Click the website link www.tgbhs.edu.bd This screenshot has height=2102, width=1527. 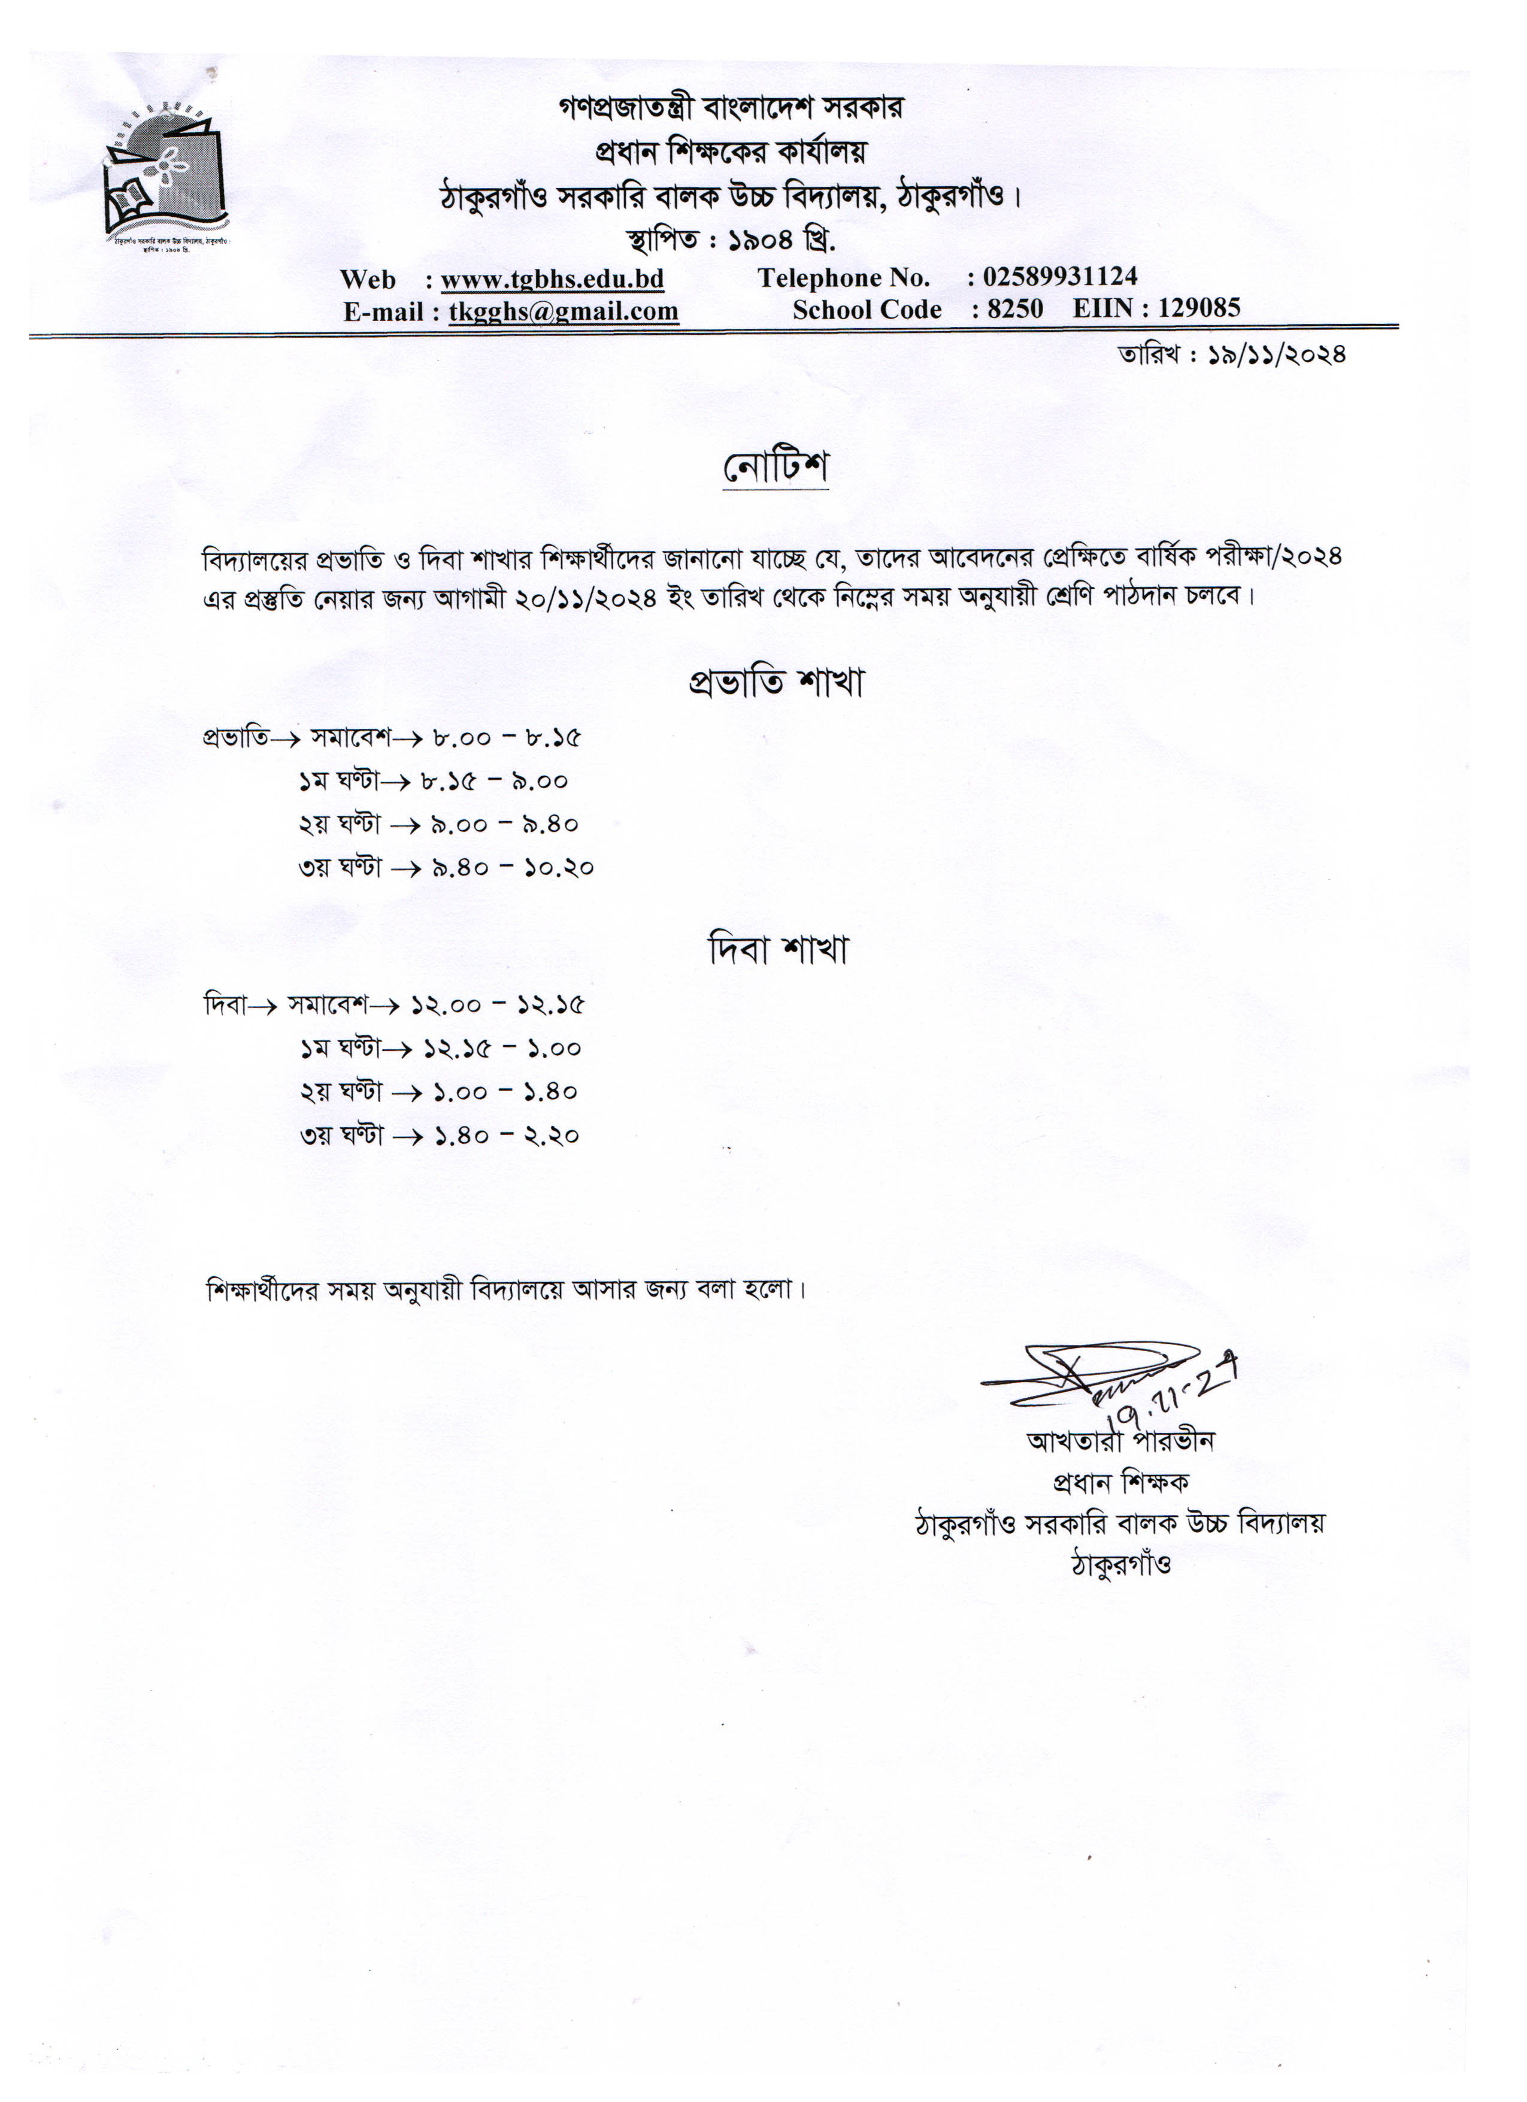coord(552,279)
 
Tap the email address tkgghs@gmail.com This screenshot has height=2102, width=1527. coord(563,311)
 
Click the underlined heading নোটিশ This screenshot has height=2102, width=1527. coord(775,467)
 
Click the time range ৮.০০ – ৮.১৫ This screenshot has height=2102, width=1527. coord(506,738)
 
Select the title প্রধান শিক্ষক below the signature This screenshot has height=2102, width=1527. coord(1121,1483)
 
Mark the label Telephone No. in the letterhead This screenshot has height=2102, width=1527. coord(843,278)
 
